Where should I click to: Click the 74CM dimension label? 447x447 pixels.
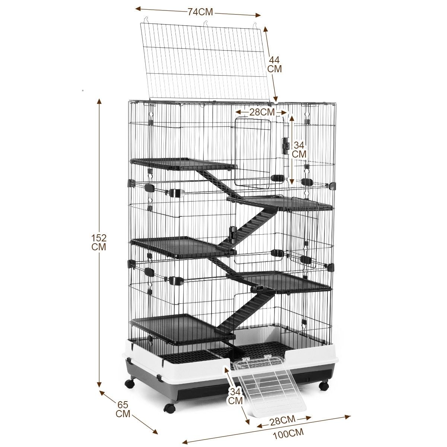pos(200,12)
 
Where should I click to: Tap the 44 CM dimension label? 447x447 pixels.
pos(275,64)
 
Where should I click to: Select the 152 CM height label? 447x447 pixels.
pos(99,242)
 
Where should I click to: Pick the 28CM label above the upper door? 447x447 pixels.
pos(262,112)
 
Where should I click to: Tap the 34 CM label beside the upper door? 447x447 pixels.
pos(299,150)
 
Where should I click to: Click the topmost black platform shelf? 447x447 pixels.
pos(183,164)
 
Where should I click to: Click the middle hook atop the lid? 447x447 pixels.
pos(206,23)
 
